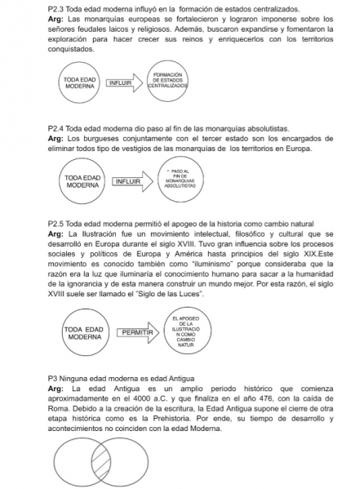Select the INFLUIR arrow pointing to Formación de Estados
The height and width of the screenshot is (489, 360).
tap(121, 82)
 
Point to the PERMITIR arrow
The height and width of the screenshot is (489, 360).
tap(137, 333)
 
